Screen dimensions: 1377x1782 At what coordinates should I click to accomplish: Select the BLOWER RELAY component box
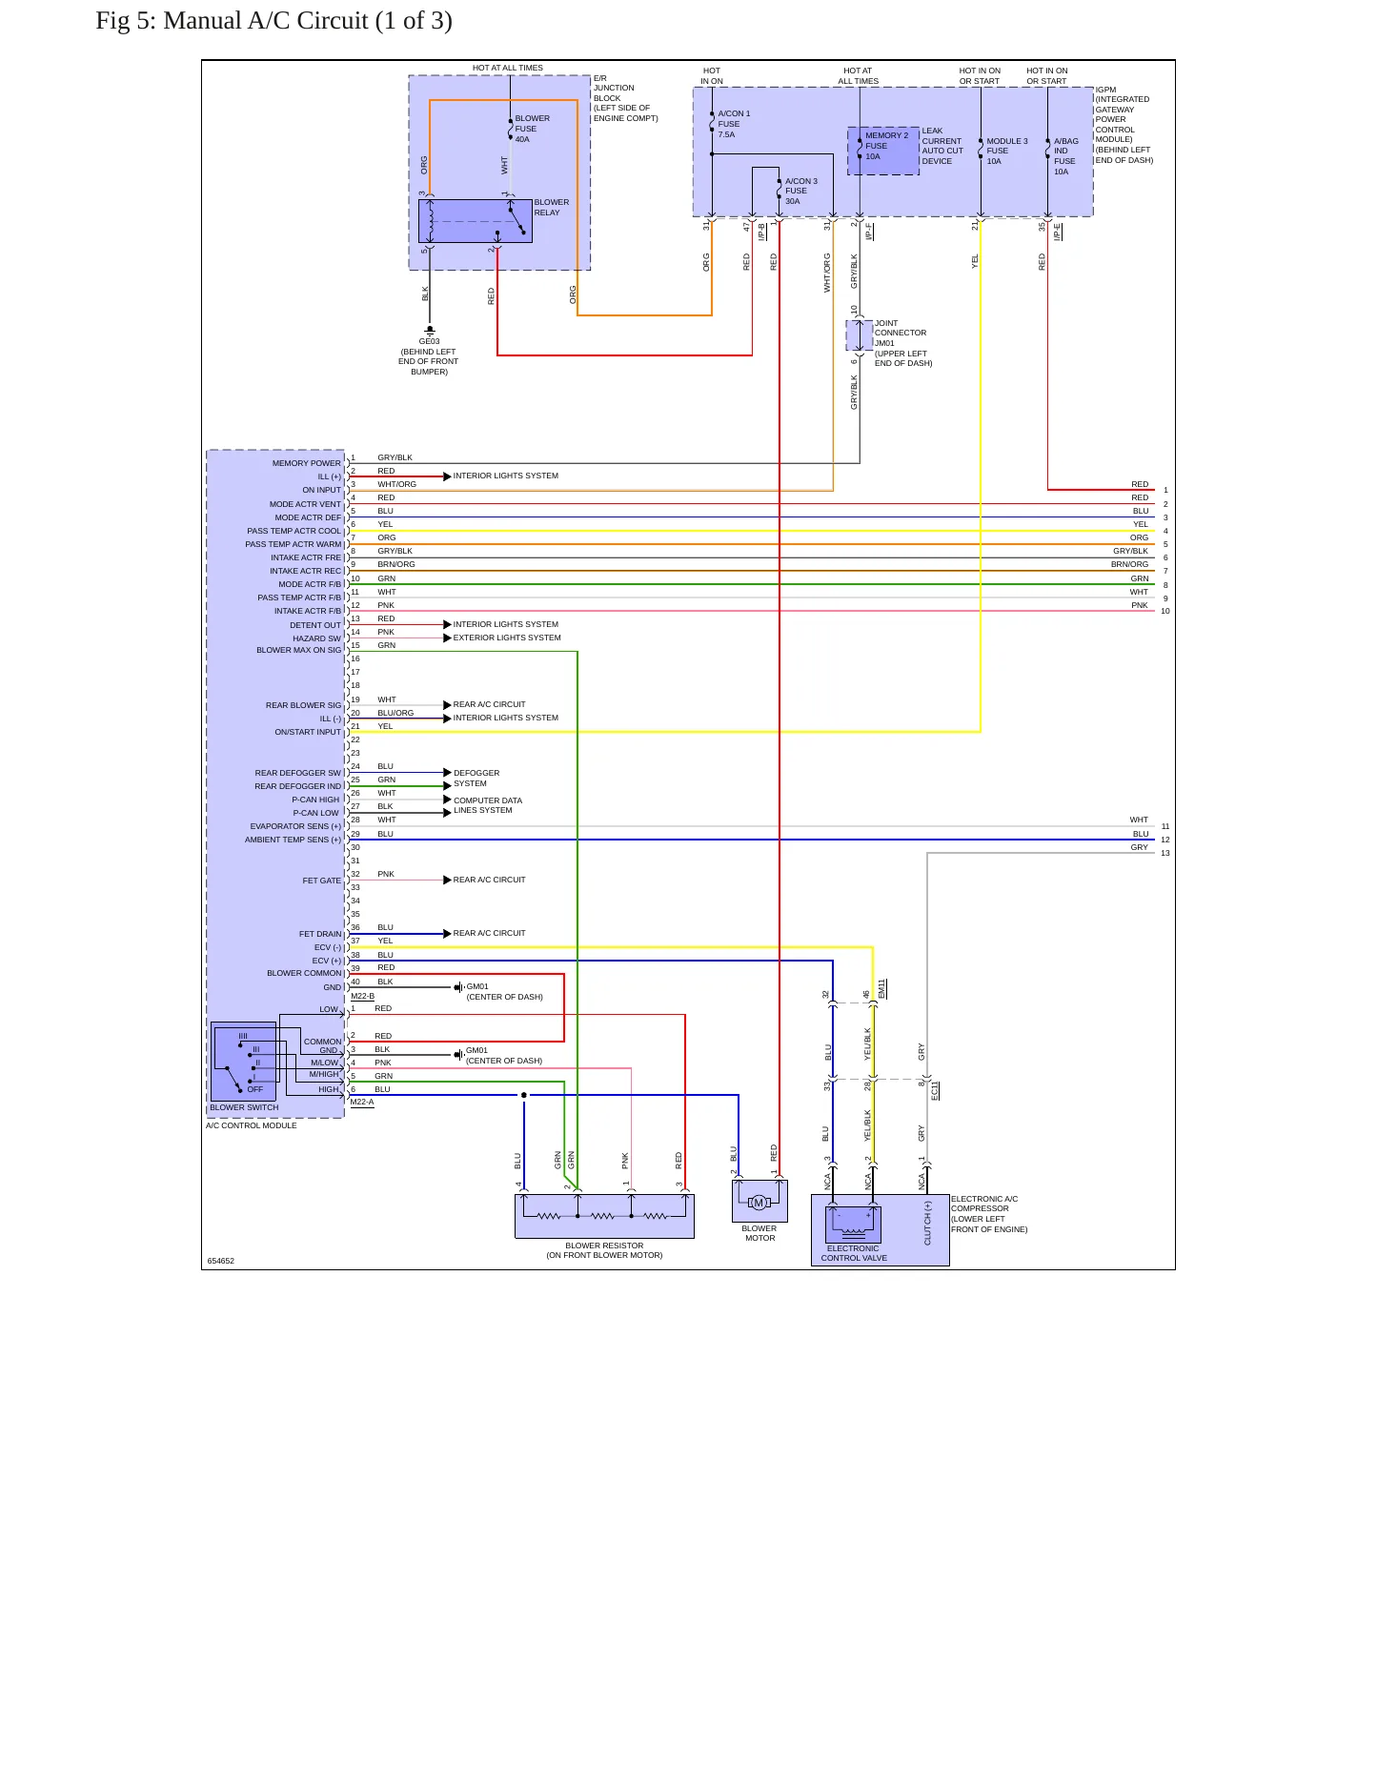pos(475,221)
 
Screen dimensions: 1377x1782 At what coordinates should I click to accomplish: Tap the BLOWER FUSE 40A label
pos(532,129)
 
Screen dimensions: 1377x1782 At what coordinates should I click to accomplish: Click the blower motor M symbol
pos(759,1203)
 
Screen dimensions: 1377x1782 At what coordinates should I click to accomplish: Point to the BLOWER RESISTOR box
pos(604,1216)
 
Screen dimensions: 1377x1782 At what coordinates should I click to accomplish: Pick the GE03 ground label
pos(429,341)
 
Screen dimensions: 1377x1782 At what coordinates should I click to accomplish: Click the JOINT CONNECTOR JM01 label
pos(901,334)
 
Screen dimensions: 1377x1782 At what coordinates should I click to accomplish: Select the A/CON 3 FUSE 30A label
pos(800,191)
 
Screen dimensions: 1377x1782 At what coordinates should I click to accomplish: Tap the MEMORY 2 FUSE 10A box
pos(883,152)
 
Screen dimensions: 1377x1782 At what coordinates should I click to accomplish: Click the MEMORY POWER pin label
pos(306,463)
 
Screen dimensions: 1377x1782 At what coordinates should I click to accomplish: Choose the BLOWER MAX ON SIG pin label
pos(298,650)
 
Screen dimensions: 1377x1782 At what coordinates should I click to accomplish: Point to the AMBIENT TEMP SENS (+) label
pos(293,840)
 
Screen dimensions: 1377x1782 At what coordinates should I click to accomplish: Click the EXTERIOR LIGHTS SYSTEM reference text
pos(507,638)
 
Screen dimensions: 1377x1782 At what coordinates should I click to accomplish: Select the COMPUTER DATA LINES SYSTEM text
pos(487,805)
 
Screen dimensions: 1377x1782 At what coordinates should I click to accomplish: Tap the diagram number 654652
pos(220,1261)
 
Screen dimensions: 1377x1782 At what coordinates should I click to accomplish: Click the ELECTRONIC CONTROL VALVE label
pos(854,1253)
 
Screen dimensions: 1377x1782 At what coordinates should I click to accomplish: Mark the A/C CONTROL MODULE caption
pos(251,1125)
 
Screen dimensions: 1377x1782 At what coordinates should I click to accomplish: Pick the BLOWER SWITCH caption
pos(244,1107)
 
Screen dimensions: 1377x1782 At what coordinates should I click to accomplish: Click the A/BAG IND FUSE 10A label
pos(1065,156)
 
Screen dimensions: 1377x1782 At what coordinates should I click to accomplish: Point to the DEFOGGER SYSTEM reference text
pos(476,778)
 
